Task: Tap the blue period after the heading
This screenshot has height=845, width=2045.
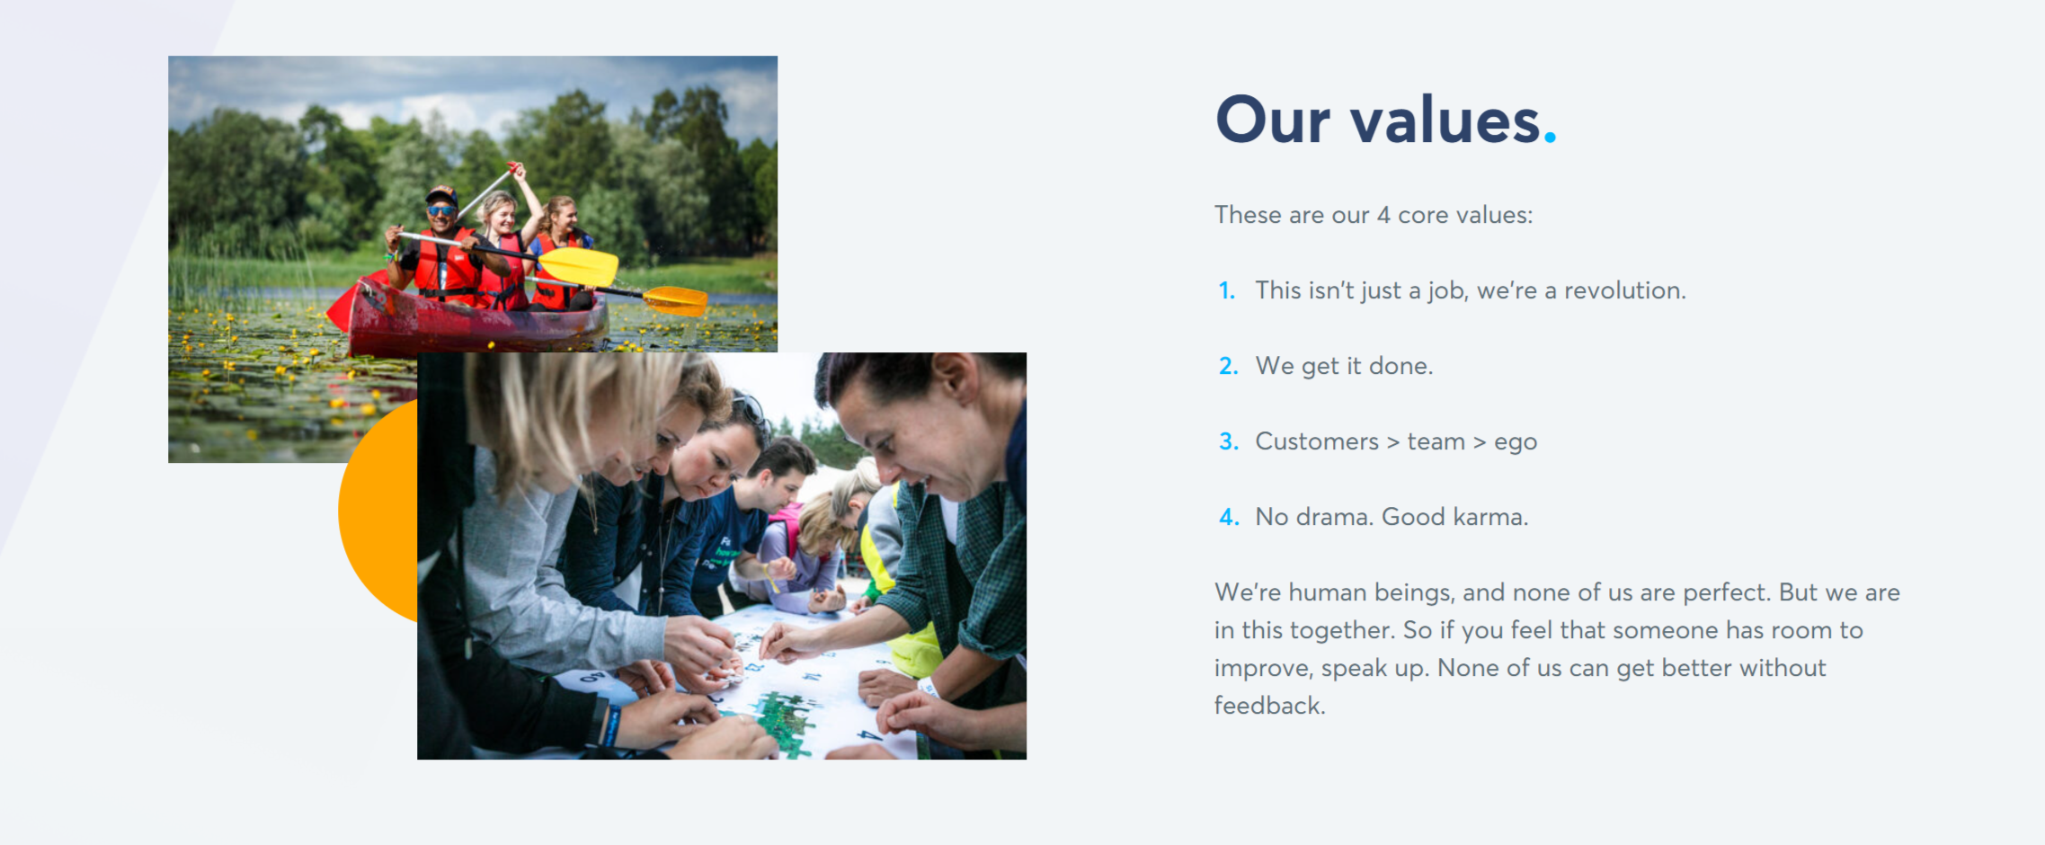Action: click(1550, 137)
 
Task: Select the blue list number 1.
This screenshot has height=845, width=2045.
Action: click(1227, 290)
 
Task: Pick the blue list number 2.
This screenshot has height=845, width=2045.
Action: click(1228, 366)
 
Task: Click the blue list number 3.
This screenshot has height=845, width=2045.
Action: click(1229, 441)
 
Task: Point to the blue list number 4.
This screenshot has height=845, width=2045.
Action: click(1229, 517)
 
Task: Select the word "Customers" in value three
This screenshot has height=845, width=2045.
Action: click(1317, 441)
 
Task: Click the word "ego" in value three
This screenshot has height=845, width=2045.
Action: click(1516, 443)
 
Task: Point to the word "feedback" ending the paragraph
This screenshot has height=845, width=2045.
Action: click(1269, 706)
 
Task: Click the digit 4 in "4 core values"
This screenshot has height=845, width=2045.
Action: click(1383, 215)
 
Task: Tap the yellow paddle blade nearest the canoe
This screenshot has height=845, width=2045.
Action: click(578, 266)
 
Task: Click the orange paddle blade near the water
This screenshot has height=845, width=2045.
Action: click(676, 300)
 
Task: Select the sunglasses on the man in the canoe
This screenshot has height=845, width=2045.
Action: click(441, 210)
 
